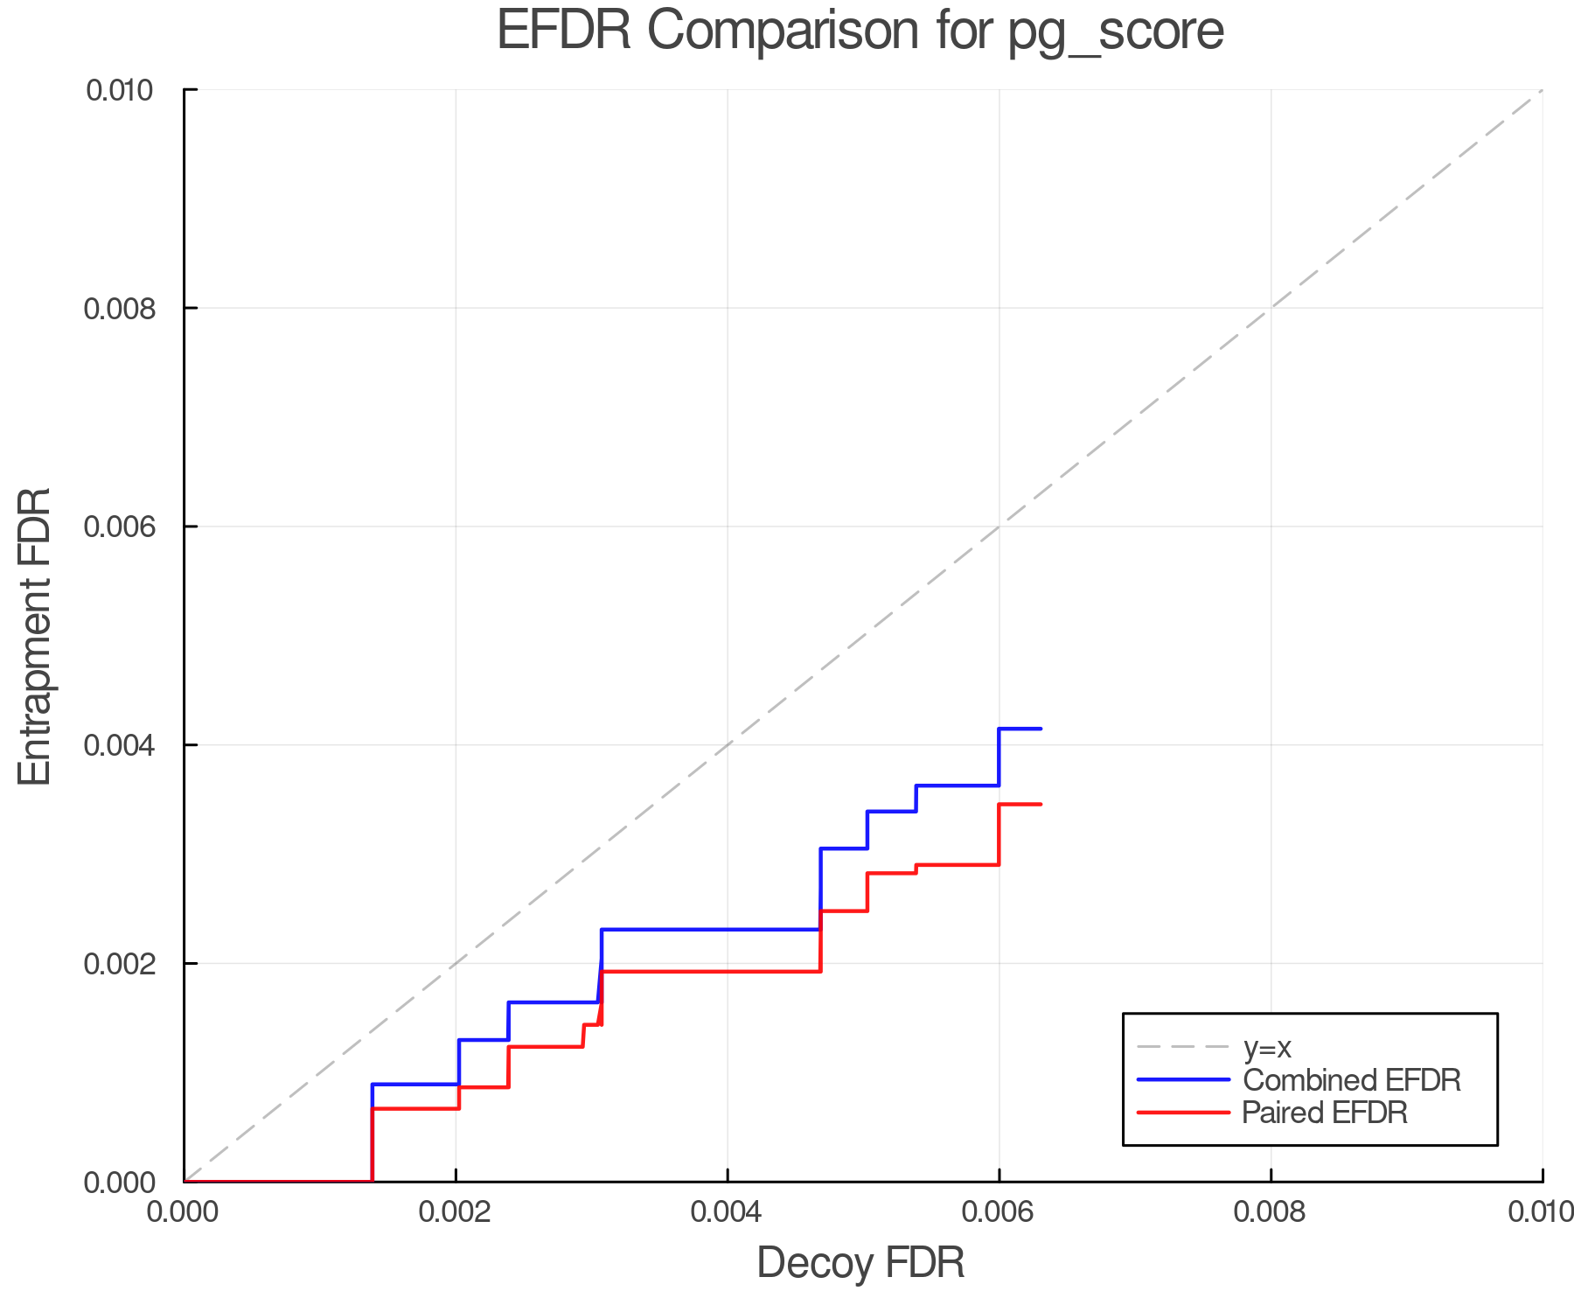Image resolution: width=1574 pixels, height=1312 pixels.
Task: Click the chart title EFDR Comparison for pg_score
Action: coord(860,31)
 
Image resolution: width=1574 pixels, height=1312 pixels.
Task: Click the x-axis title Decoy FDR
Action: coord(860,1263)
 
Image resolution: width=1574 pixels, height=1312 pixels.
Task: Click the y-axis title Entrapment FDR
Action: coord(35,636)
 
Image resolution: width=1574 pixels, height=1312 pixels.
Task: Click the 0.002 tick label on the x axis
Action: coord(456,1212)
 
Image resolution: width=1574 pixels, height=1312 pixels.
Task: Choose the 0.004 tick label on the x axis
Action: coord(728,1212)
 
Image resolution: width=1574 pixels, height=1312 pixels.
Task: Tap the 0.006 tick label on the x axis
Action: coord(999,1212)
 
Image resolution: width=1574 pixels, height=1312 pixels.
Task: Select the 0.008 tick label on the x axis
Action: coord(1271,1212)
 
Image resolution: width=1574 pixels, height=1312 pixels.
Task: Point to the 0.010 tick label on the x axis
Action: coord(1541,1212)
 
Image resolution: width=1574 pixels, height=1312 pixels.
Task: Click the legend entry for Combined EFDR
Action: coord(1351,1080)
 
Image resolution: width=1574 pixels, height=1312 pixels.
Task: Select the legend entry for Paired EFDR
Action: coord(1324,1113)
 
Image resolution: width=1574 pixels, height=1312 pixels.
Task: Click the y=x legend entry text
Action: coord(1267,1047)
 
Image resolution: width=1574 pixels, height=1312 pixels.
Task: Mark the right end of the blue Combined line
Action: coord(1041,729)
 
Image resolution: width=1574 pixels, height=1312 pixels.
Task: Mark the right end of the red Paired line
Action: coord(1041,804)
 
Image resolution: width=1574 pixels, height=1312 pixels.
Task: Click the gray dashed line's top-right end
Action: coord(1542,90)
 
